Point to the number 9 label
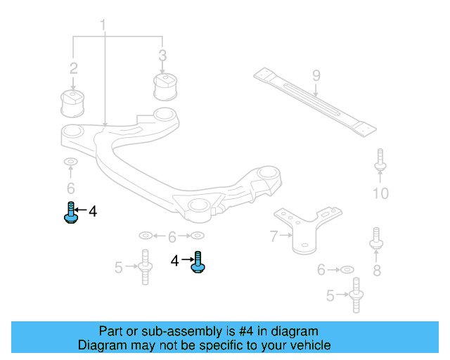(x=316, y=75)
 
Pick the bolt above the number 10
(x=380, y=161)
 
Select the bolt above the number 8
(x=376, y=239)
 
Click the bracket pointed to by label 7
(x=303, y=229)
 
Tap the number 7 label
(x=274, y=237)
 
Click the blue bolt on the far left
(x=70, y=212)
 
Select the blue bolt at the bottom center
(x=198, y=263)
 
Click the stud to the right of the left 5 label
(x=145, y=267)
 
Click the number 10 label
(x=380, y=193)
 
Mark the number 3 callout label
(x=162, y=55)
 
